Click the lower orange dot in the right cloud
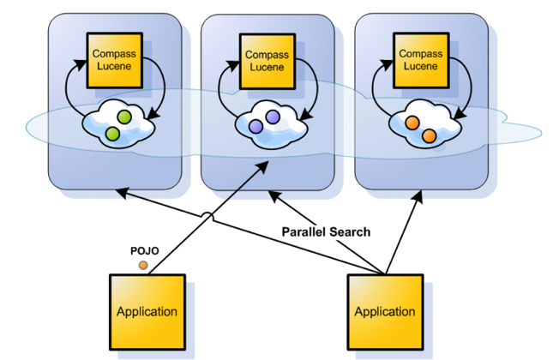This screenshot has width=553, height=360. pos(429,135)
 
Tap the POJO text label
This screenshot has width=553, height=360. pos(143,250)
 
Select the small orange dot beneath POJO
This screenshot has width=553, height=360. pos(143,265)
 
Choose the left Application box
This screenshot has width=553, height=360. pos(146,310)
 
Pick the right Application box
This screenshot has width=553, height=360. pos(384,310)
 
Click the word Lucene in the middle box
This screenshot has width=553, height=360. pos(267,67)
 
